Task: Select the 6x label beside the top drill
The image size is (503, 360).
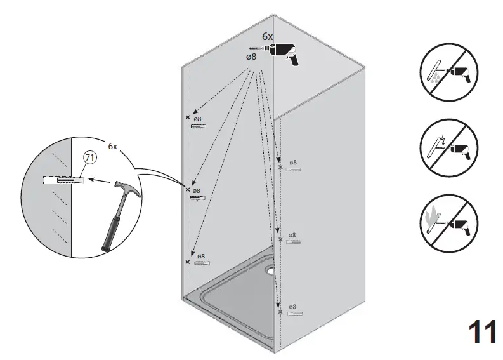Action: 268,37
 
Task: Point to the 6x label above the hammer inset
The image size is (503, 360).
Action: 112,146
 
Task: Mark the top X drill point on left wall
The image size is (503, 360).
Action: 187,117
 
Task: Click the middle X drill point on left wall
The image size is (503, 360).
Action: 188,189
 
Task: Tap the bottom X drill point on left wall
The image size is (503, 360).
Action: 187,262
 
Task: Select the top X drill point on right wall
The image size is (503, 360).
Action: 280,167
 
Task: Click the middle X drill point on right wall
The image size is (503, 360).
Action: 280,239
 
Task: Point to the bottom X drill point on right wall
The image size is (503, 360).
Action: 280,312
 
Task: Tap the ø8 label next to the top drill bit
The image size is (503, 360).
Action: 251,57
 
